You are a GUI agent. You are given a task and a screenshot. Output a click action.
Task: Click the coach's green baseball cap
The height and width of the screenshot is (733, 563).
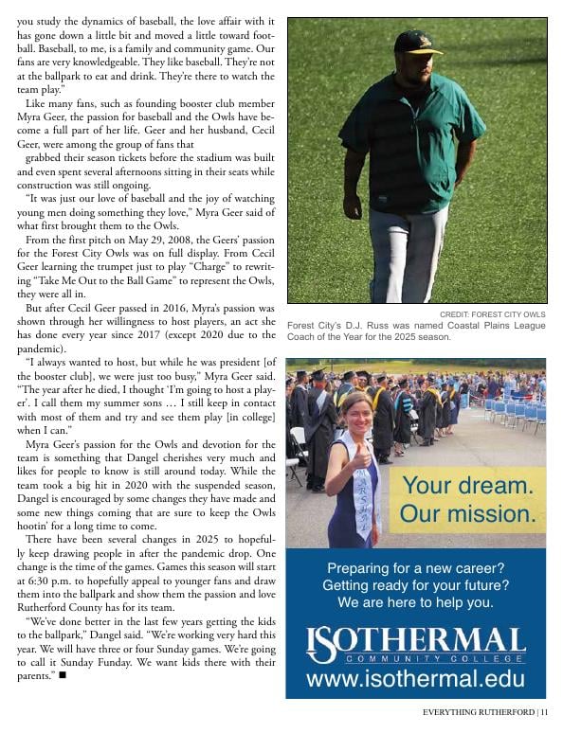419,41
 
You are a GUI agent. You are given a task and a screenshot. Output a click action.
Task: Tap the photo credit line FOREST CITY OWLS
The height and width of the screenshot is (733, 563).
492,314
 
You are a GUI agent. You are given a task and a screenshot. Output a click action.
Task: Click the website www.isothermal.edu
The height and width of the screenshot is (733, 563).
415,679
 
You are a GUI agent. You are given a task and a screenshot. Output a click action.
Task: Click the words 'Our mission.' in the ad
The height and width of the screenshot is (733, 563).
467,515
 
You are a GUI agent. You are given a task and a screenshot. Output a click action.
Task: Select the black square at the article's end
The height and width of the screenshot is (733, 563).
63,675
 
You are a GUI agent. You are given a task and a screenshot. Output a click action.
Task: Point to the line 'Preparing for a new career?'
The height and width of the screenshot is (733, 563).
415,569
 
